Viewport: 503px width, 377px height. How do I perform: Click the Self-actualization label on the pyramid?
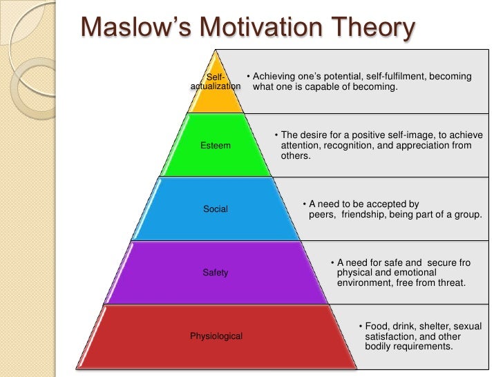coord(215,81)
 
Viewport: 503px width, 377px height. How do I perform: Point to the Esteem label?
coord(216,146)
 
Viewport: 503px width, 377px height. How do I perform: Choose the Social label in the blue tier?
coord(216,209)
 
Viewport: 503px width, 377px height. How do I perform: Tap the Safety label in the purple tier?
coord(216,273)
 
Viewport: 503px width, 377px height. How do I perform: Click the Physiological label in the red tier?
coord(216,336)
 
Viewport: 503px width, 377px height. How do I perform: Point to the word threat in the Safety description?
coord(448,283)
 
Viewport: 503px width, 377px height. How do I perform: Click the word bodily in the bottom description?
coord(379,347)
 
